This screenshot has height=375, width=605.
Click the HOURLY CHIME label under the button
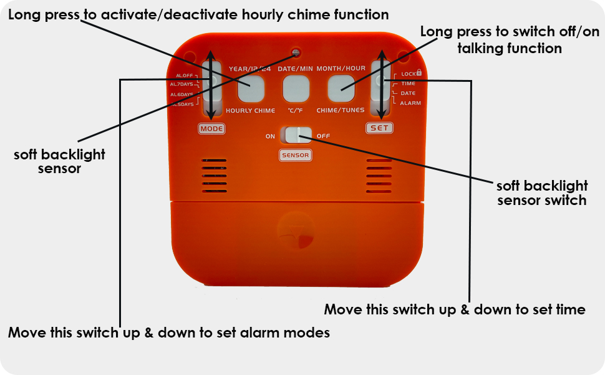[250, 111]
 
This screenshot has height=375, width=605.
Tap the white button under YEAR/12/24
[251, 89]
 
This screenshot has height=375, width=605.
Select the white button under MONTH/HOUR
[341, 89]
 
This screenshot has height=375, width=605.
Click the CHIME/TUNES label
[341, 111]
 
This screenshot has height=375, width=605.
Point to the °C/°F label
[296, 111]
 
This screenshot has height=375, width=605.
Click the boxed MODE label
[211, 129]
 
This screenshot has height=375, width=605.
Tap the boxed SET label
[379, 128]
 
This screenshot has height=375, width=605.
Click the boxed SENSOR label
[295, 155]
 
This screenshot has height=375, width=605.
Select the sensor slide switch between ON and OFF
[296, 136]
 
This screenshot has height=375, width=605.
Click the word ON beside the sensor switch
[270, 136]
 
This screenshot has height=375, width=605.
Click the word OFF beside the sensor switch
[323, 136]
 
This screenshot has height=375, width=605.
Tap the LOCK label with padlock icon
[412, 73]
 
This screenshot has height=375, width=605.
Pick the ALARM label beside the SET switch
[410, 102]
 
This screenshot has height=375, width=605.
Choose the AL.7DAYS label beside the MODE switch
[181, 84]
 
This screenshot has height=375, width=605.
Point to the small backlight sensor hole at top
[296, 53]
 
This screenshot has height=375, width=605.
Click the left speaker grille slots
[214, 175]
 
